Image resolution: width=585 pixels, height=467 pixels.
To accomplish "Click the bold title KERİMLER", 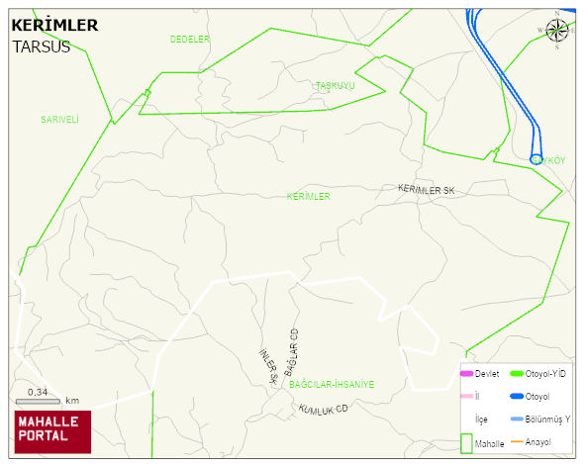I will tap(54, 25).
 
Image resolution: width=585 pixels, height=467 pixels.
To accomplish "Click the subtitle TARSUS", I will tap(41, 46).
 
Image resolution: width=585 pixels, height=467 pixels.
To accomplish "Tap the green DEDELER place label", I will tap(190, 40).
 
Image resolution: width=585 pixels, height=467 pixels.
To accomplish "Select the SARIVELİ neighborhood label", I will tap(59, 120).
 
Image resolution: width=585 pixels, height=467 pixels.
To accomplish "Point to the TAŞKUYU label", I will tap(335, 86).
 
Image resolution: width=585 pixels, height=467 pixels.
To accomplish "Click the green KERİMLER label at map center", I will tap(308, 197).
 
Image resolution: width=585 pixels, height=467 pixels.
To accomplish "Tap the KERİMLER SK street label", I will tap(426, 188).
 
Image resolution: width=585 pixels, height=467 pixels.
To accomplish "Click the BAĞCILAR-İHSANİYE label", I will tap(332, 384).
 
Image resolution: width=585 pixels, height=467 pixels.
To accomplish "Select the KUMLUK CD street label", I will tap(324, 409).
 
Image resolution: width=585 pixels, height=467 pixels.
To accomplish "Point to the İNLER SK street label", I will tap(268, 367).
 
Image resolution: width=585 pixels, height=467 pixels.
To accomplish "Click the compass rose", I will tap(557, 31).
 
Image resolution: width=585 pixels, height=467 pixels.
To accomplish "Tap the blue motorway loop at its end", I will tap(536, 158).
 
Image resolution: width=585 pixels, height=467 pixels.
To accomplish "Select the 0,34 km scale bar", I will tap(39, 400).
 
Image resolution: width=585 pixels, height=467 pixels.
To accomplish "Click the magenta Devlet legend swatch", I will tap(466, 374).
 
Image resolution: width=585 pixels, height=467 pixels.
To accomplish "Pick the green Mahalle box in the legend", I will tap(466, 443).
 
